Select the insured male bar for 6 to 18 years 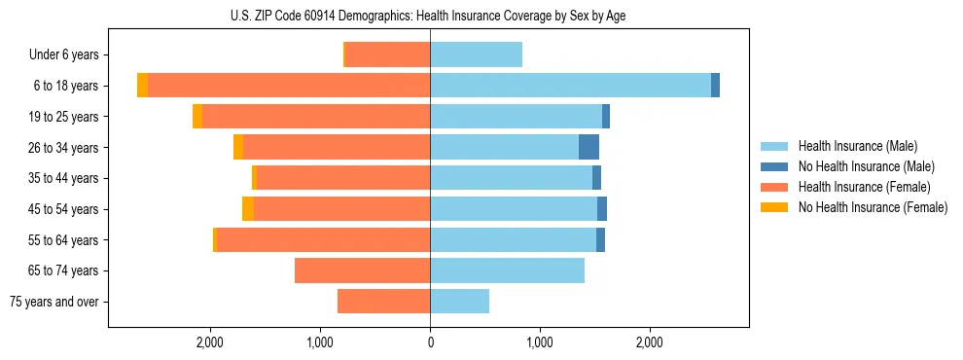570,86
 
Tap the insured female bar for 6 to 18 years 289,86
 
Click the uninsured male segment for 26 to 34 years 588,147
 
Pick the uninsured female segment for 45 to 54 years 248,208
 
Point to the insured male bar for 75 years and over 459,302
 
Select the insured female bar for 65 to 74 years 362,270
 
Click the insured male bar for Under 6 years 476,54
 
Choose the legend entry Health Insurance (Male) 857,146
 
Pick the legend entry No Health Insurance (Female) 873,207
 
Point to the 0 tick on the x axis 430,342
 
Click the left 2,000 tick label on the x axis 210,342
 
